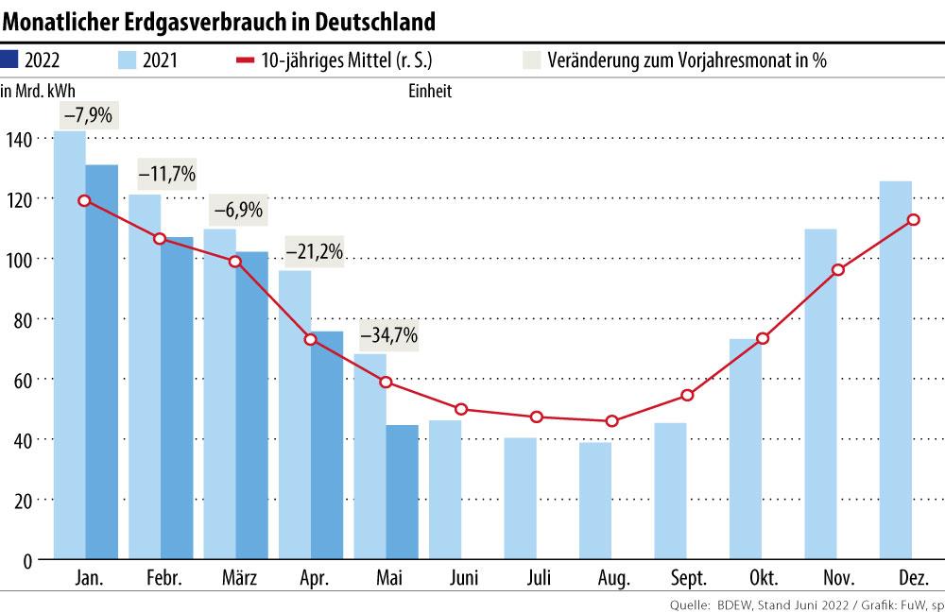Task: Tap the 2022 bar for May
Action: tap(402, 492)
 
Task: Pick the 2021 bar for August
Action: tap(595, 501)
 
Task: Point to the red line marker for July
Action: tap(537, 417)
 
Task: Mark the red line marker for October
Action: tap(763, 339)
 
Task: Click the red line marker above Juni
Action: tap(461, 409)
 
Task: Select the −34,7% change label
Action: tap(387, 335)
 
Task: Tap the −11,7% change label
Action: tap(167, 174)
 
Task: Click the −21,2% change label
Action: tap(315, 253)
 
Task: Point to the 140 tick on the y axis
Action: tap(20, 139)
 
